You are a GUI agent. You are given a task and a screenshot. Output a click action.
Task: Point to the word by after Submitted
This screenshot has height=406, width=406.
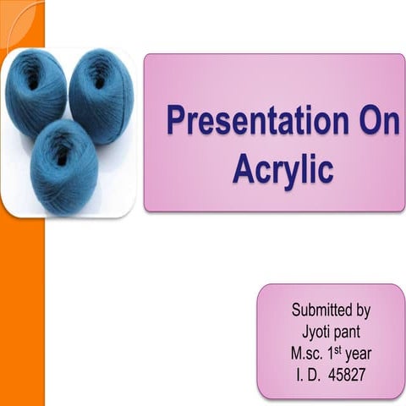click(362, 310)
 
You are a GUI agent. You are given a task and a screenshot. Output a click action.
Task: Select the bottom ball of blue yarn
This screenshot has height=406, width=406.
click(64, 162)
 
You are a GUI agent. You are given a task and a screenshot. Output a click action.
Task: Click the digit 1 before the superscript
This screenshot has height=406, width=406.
click(333, 353)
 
